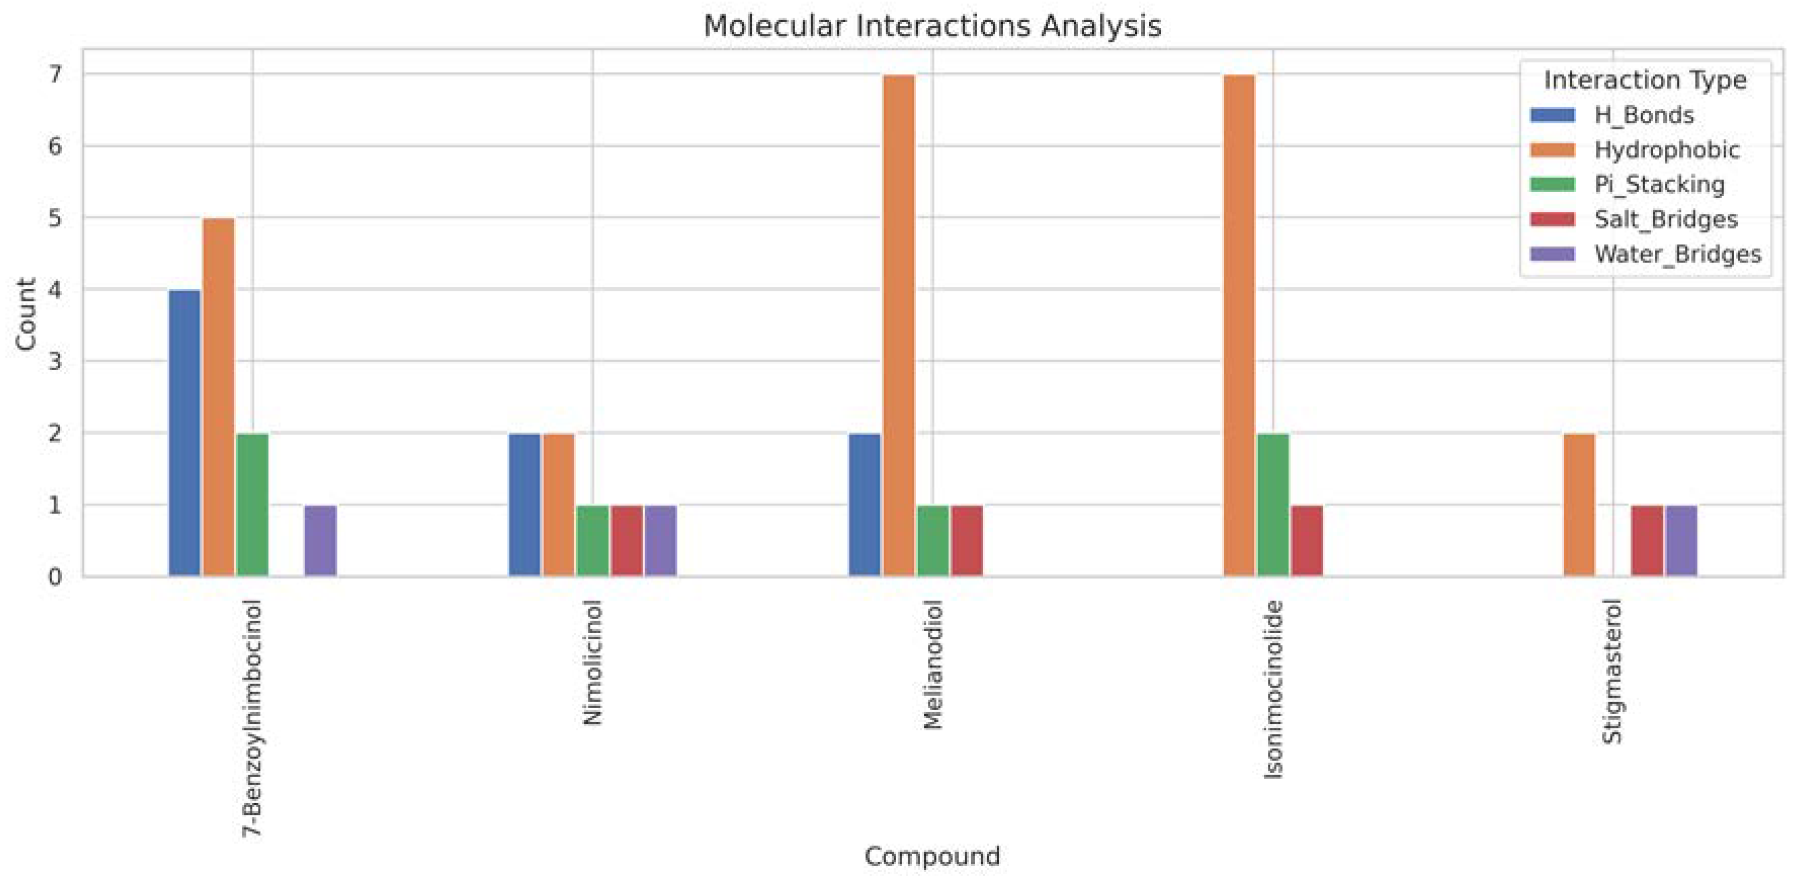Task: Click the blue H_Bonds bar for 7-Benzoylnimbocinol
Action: tap(185, 432)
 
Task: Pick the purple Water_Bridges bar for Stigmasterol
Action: tap(1681, 540)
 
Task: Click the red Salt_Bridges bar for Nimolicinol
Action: tap(626, 540)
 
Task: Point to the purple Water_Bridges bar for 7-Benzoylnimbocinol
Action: tap(321, 540)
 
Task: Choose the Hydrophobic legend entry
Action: tap(1666, 150)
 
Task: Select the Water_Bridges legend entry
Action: tap(1677, 254)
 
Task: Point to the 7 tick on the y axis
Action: tap(55, 74)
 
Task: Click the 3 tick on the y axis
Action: tap(55, 362)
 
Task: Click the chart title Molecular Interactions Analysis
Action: tap(932, 26)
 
